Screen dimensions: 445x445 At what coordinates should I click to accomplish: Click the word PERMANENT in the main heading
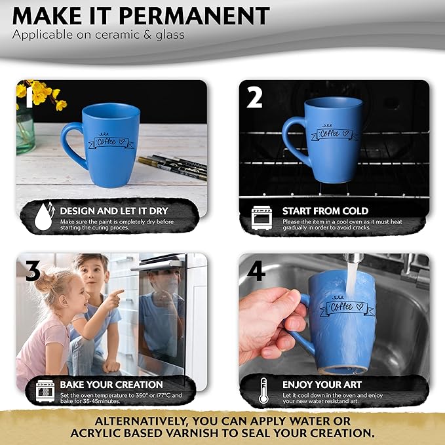(x=195, y=16)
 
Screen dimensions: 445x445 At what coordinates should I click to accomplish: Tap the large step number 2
(x=254, y=97)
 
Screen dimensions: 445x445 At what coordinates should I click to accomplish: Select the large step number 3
(x=33, y=271)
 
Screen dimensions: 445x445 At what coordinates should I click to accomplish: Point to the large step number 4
(x=256, y=271)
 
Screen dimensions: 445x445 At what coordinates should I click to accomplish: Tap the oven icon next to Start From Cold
(x=261, y=218)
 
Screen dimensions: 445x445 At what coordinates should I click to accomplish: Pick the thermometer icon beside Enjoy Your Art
(x=263, y=391)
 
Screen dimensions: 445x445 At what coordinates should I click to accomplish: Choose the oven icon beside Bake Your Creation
(x=45, y=391)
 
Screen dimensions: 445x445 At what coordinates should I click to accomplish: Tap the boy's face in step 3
(x=93, y=273)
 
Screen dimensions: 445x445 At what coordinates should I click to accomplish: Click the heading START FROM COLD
(x=325, y=211)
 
